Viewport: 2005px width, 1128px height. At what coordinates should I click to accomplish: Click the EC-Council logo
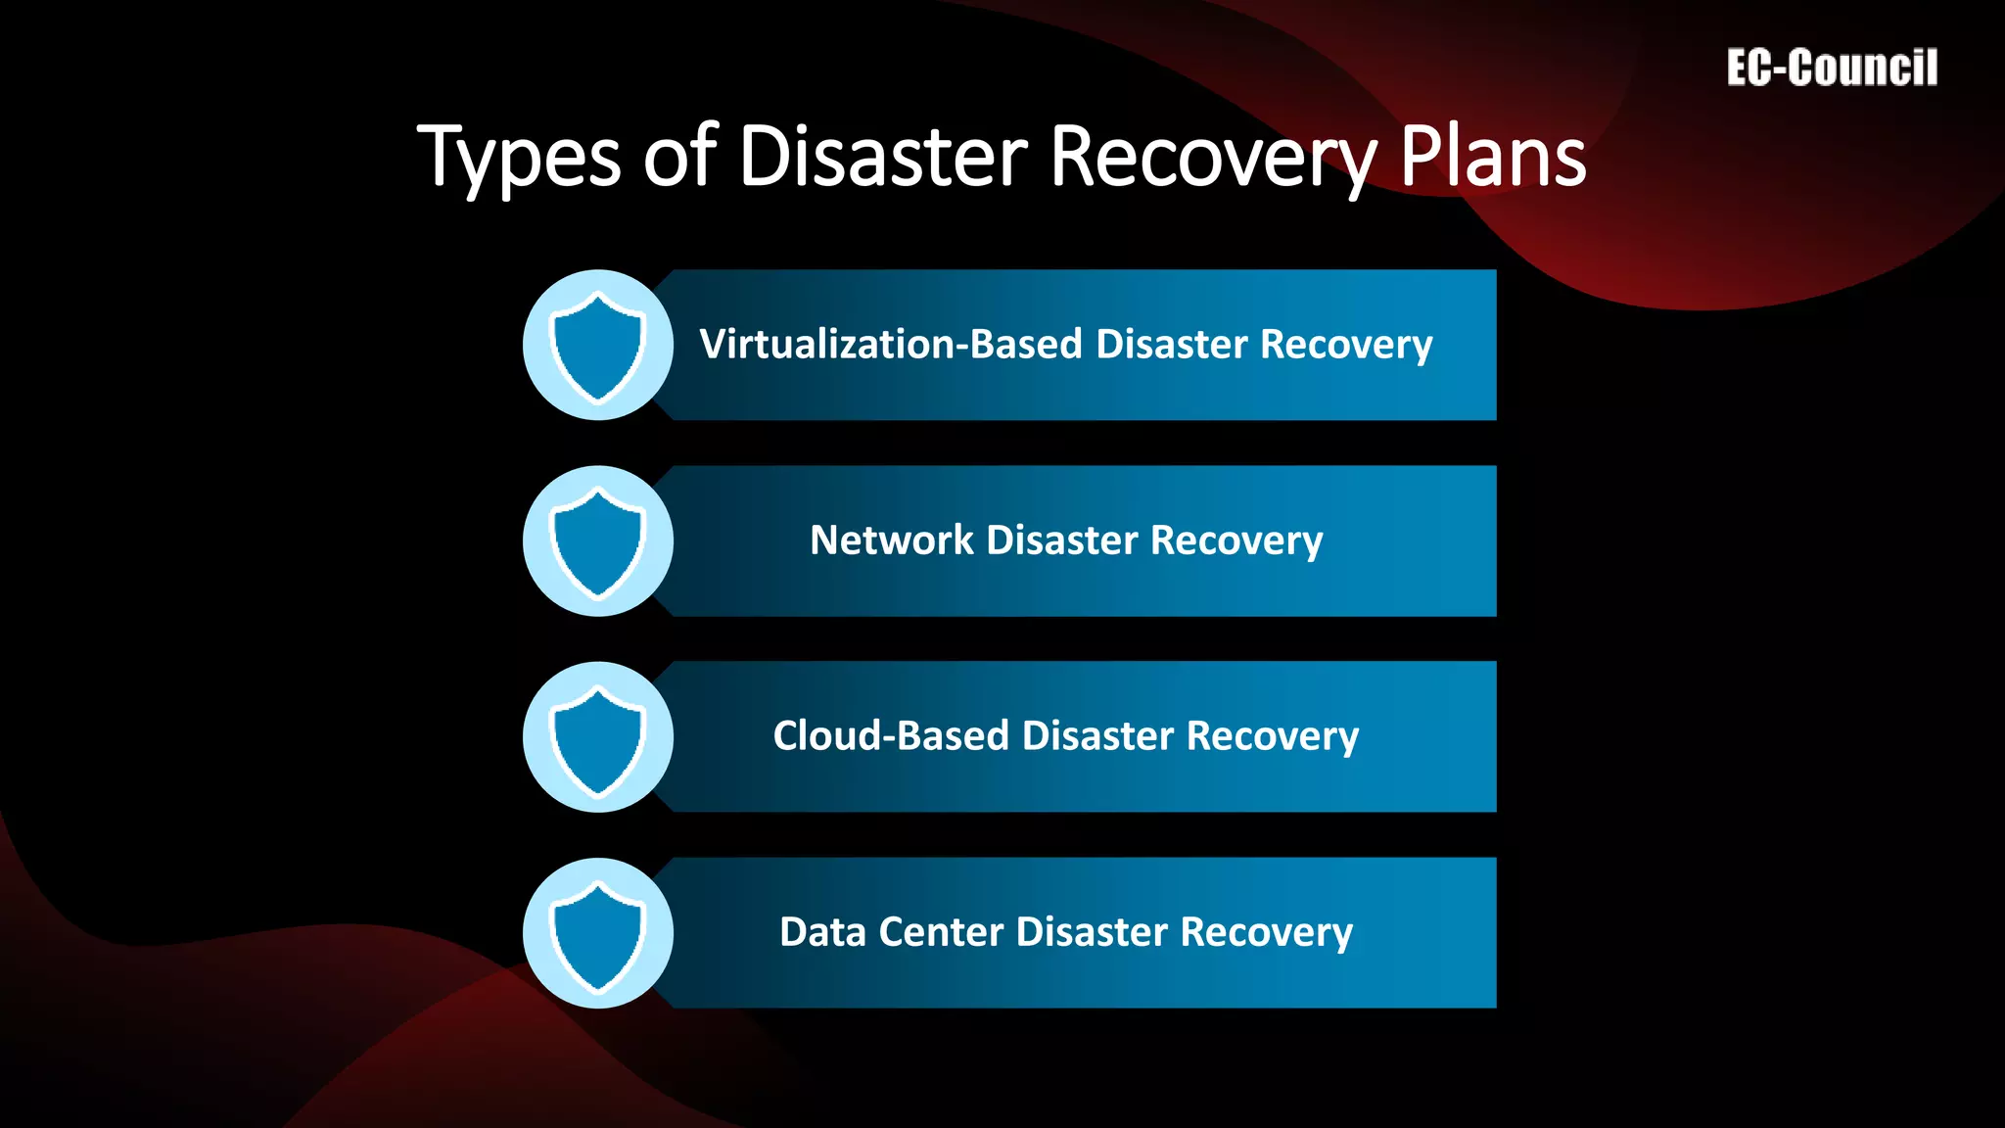click(x=1832, y=69)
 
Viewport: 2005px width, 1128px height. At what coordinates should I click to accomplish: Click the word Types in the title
click(x=519, y=157)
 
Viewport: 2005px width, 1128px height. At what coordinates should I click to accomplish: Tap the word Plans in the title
click(x=1493, y=157)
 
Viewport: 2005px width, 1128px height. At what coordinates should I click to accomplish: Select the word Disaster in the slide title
click(x=883, y=157)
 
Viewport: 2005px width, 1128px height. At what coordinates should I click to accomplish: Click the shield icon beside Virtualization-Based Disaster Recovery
click(x=597, y=346)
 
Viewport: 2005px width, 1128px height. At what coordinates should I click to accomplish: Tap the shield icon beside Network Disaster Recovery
click(x=597, y=541)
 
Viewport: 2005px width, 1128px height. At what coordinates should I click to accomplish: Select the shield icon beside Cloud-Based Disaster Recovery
click(x=597, y=737)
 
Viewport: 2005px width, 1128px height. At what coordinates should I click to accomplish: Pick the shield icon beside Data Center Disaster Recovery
click(x=597, y=933)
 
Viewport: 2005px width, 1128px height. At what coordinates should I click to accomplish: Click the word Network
click(x=892, y=540)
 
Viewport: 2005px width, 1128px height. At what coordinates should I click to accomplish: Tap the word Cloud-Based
click(x=891, y=736)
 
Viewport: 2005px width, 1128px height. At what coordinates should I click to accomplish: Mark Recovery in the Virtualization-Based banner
click(x=1346, y=345)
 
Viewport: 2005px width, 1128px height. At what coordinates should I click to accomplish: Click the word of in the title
click(x=680, y=157)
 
